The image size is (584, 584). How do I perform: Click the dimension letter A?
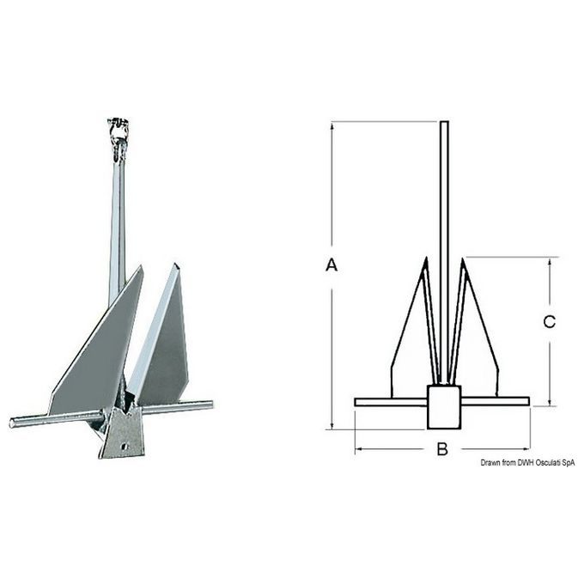click(x=332, y=265)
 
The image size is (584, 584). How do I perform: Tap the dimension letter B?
click(x=442, y=449)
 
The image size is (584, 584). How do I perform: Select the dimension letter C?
click(x=550, y=322)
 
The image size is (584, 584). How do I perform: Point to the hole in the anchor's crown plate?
click(x=125, y=446)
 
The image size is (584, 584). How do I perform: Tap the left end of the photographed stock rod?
click(x=11, y=423)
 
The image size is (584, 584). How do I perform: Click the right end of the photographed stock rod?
click(x=211, y=405)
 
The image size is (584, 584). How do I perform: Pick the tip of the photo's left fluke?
click(x=141, y=266)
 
